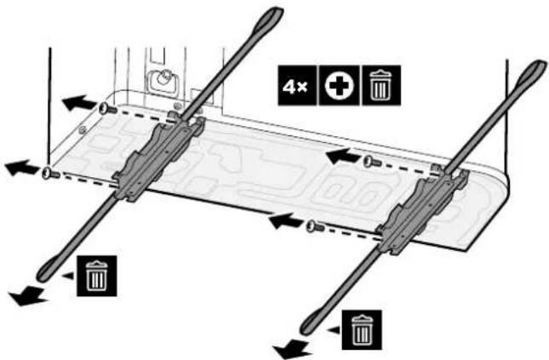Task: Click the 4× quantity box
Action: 297,85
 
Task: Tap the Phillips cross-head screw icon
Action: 339,85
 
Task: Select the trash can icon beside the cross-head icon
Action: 381,85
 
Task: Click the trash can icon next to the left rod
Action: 97,276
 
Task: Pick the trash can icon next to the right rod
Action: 362,330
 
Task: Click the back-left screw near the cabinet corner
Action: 107,109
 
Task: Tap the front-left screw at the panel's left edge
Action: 51,174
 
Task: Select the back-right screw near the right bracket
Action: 372,162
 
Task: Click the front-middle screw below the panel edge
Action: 315,226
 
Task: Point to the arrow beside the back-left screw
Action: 79,103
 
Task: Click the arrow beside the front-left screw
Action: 22,168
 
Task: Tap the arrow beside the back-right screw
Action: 344,156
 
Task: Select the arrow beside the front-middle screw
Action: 286,221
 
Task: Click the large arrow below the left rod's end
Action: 28,295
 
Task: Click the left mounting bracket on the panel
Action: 157,158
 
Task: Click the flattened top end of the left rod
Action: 271,17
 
